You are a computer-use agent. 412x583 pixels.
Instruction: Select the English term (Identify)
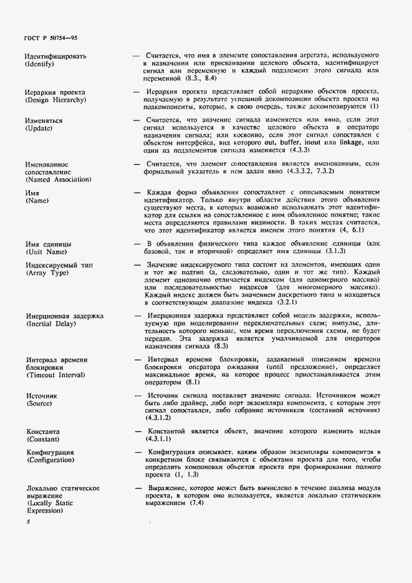(x=40, y=64)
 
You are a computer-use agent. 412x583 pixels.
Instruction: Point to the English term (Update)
(x=39, y=128)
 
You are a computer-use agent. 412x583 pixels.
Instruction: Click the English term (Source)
(x=41, y=404)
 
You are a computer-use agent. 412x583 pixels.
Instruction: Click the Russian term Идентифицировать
(x=55, y=56)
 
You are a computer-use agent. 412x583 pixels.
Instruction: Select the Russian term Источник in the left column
(x=41, y=396)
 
